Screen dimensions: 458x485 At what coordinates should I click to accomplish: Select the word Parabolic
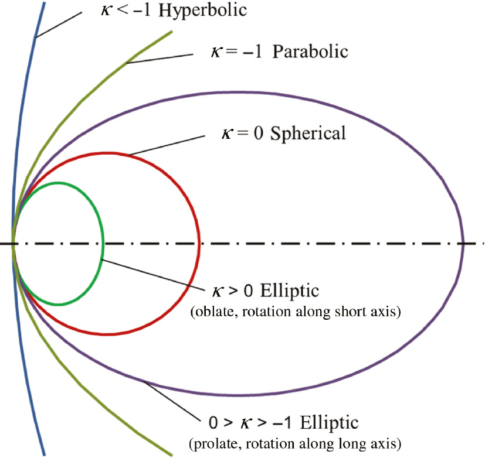click(x=313, y=51)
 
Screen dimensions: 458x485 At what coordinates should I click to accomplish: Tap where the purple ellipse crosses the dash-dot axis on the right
click(x=464, y=244)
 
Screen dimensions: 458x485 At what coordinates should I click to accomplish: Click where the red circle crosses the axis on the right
click(x=199, y=244)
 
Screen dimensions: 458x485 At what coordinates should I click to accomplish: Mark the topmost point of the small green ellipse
click(x=58, y=183)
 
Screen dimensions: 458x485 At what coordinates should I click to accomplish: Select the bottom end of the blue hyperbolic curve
click(x=43, y=454)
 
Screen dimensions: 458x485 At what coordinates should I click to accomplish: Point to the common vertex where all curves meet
click(x=13, y=244)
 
